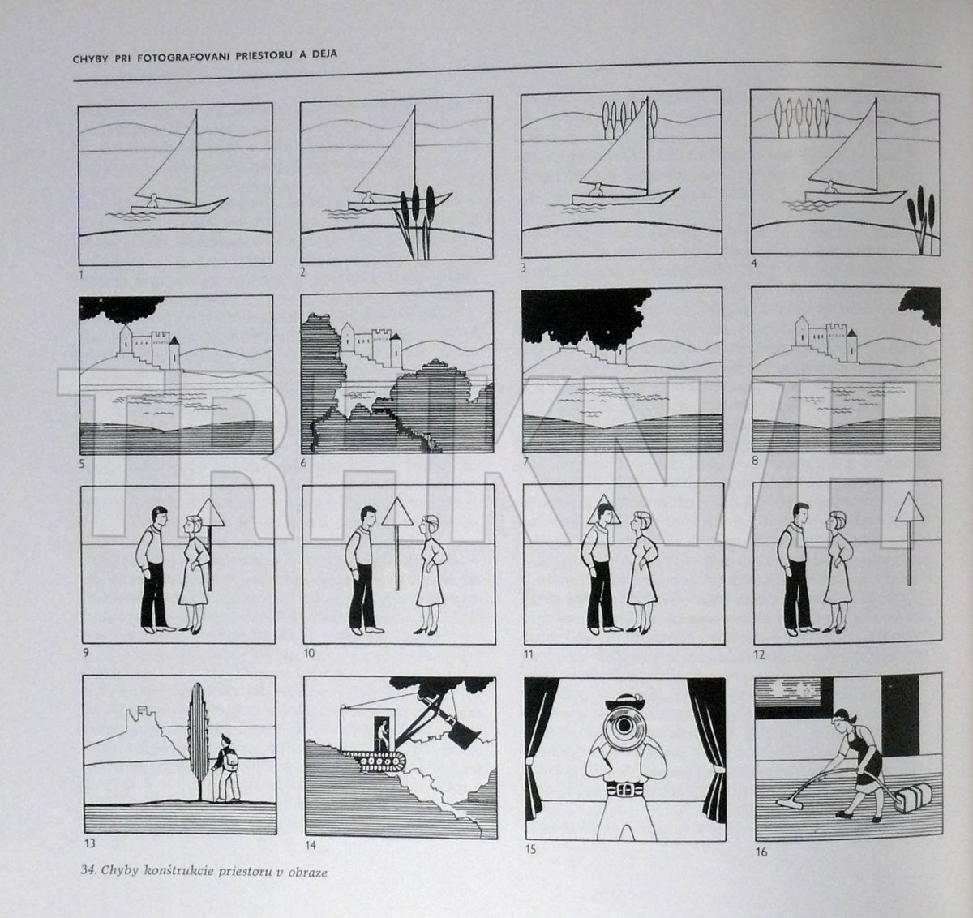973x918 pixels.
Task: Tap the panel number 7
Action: pos(525,461)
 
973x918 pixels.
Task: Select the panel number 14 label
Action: pos(310,845)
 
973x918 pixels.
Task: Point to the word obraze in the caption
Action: pos(311,873)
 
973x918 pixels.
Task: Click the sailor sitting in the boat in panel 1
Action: pos(153,200)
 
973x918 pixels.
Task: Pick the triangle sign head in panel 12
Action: pos(909,508)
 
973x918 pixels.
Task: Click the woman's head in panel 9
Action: pos(191,523)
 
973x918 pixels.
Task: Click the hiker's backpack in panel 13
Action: pos(231,759)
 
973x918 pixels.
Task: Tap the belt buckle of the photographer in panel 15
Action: pos(624,790)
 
